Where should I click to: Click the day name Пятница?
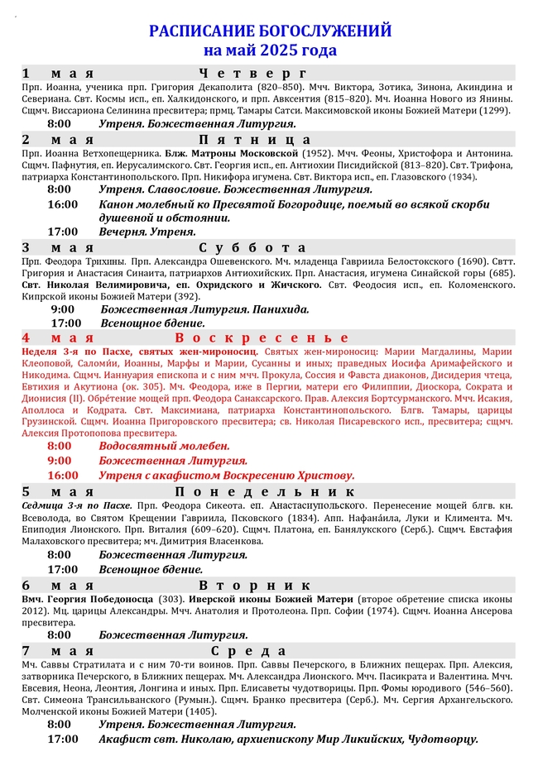[x=255, y=139]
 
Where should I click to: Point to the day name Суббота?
[x=252, y=247]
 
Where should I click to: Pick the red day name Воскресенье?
[x=262, y=337]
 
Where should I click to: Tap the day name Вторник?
[x=255, y=585]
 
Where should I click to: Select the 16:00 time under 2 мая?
[x=63, y=203]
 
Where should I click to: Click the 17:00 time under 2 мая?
[x=63, y=232]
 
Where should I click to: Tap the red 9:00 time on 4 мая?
[x=60, y=460]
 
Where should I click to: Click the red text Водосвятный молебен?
[x=164, y=446]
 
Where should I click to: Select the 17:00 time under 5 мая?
[x=63, y=569]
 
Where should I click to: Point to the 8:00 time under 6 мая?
[x=60, y=635]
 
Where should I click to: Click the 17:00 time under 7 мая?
[x=63, y=739]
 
